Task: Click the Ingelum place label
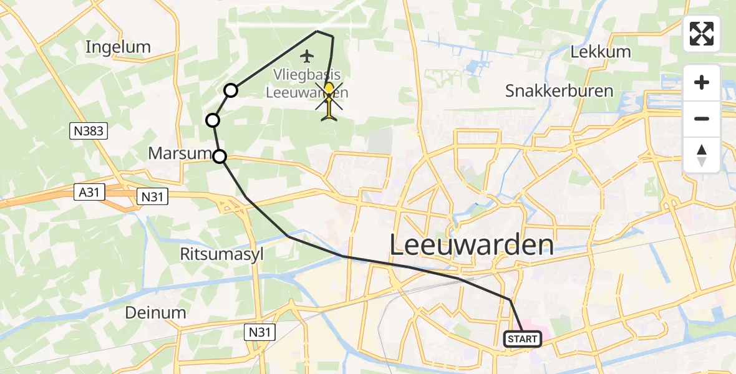[119, 47]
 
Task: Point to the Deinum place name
[156, 312]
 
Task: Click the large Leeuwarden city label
[472, 245]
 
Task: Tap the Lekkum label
[601, 52]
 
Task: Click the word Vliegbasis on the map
[306, 75]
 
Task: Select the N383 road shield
[88, 131]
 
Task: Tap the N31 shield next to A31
[153, 196]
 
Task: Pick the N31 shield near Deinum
[259, 330]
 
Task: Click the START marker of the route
[522, 339]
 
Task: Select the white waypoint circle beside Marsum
[220, 156]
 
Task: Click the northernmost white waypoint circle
[231, 90]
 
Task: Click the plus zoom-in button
[702, 82]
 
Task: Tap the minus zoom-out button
[702, 118]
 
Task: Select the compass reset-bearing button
[702, 155]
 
